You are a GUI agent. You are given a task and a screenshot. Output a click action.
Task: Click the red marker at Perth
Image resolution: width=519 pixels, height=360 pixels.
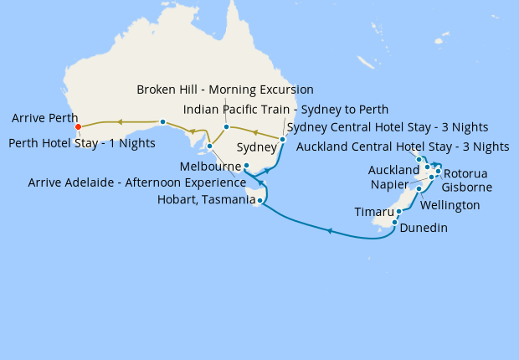point(78,127)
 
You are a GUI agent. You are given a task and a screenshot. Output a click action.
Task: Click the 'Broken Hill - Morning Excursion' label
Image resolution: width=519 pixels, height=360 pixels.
point(225,90)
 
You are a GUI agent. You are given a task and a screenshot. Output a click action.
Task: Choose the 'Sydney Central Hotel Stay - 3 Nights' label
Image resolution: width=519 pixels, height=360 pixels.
point(388,127)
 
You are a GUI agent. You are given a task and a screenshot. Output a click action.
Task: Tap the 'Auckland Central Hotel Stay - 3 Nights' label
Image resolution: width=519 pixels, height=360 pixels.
point(403,147)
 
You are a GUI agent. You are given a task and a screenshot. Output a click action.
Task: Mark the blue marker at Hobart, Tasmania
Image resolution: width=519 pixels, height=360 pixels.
point(260,201)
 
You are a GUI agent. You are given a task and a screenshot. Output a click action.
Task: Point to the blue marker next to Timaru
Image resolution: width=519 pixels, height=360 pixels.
point(399,212)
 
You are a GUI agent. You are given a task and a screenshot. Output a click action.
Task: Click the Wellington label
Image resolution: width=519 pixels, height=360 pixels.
point(450,205)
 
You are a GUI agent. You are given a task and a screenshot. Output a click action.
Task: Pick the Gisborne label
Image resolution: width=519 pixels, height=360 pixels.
point(466,188)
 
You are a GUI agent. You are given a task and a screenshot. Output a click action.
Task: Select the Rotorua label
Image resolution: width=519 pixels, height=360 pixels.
point(470,172)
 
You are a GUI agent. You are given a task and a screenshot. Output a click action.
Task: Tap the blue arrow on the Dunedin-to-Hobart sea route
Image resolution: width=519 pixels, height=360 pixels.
point(330,230)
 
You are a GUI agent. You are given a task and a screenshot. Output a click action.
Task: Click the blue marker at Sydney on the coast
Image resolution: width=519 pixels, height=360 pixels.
point(283,139)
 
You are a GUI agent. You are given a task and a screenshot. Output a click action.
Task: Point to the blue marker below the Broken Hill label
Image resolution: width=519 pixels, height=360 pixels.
point(226,127)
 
